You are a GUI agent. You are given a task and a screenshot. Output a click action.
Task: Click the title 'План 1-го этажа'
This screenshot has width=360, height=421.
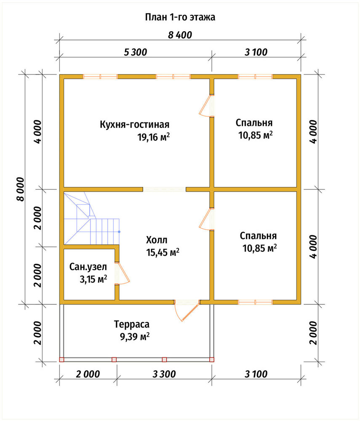click(180, 17)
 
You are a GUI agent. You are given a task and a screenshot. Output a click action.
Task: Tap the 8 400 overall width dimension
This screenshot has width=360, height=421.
click(180, 35)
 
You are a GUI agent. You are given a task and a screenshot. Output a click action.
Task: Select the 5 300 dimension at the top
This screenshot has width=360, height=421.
click(136, 52)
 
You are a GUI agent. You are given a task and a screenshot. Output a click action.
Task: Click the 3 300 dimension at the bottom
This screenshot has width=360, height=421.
click(164, 374)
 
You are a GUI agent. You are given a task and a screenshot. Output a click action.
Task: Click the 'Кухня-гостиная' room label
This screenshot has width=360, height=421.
click(134, 125)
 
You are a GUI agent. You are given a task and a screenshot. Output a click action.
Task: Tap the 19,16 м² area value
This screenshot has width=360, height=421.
click(154, 137)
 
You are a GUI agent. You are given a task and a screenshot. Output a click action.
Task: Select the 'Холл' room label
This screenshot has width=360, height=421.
click(157, 240)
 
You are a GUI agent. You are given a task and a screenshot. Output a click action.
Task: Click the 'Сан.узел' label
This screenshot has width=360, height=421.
click(88, 267)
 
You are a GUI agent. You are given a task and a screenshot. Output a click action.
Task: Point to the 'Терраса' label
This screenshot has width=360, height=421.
click(131, 324)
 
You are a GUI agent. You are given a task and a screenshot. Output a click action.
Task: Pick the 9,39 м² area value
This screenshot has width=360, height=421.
click(134, 336)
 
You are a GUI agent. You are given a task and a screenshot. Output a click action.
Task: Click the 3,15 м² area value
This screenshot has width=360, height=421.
click(93, 279)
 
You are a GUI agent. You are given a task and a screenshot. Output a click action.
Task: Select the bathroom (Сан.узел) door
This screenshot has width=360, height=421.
click(123, 273)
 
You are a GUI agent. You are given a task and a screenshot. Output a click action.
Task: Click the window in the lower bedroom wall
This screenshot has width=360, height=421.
click(255, 302)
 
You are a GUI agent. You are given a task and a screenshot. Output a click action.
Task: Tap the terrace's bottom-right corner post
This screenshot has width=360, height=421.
click(212, 360)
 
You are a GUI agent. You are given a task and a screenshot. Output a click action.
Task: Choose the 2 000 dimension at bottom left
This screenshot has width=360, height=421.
click(88, 374)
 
